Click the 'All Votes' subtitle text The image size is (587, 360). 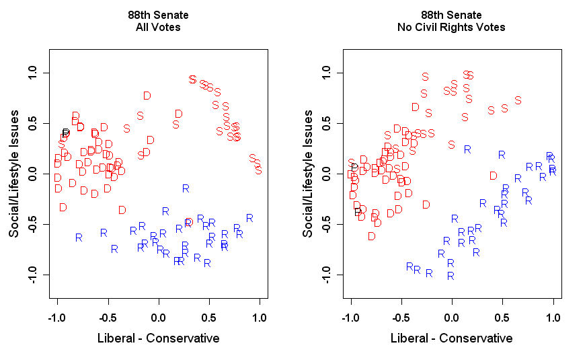(158, 28)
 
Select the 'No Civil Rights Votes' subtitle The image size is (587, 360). (452, 28)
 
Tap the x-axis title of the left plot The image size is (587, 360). (158, 338)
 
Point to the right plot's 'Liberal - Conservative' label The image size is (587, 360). (452, 338)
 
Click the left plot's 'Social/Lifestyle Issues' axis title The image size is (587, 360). (13, 174)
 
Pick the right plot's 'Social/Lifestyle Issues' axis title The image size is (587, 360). (307, 174)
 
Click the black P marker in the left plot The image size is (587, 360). (66, 133)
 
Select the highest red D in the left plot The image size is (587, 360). (147, 96)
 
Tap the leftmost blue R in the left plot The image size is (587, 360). (79, 237)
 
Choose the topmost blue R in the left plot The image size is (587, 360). (186, 188)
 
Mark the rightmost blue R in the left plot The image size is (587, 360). (249, 217)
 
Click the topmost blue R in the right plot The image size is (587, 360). (467, 149)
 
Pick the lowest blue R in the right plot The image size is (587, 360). (451, 275)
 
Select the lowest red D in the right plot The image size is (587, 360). (371, 236)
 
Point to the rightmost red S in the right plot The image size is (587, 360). (518, 100)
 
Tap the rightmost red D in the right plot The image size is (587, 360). (494, 176)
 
